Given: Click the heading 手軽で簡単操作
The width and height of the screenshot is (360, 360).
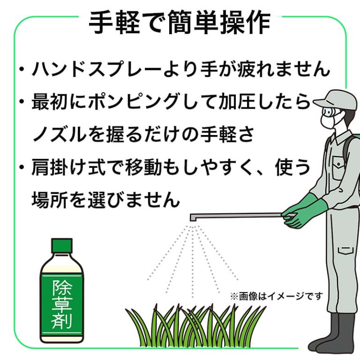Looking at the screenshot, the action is pos(180,23).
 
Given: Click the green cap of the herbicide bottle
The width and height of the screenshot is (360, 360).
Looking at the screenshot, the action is pos(62,246).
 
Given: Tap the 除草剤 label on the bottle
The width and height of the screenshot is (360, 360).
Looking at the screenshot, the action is pos(62,304).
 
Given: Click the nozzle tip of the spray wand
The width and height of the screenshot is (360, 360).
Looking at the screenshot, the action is pos(193,218).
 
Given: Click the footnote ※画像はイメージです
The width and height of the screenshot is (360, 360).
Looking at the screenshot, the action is pos(277,296).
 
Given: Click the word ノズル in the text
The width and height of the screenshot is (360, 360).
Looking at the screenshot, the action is pos(59,135).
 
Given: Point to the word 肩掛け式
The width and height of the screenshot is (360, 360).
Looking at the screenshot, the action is pos(68,167).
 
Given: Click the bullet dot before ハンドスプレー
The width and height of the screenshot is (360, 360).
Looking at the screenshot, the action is pos(22,69).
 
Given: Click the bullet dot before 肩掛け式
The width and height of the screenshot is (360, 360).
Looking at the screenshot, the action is pos(22,167).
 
